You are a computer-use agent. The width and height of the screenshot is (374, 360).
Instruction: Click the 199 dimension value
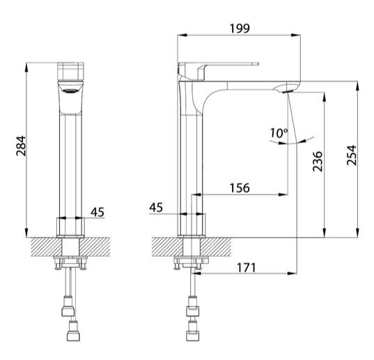(x=240, y=29)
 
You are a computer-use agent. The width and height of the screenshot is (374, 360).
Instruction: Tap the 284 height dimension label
(x=21, y=146)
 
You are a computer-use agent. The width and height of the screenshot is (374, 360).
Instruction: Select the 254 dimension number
(x=351, y=155)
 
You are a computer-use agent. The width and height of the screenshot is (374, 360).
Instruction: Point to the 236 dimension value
(x=318, y=161)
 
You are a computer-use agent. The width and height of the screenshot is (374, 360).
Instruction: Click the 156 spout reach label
(x=240, y=188)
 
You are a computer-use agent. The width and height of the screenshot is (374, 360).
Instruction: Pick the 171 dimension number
(x=246, y=267)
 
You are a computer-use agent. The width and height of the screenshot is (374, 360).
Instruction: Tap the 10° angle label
(x=279, y=133)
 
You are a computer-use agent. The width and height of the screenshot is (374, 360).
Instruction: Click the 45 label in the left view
(x=98, y=212)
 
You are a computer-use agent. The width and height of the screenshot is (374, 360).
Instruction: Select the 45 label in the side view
(x=156, y=208)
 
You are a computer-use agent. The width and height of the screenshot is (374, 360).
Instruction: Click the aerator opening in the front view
(x=70, y=91)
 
